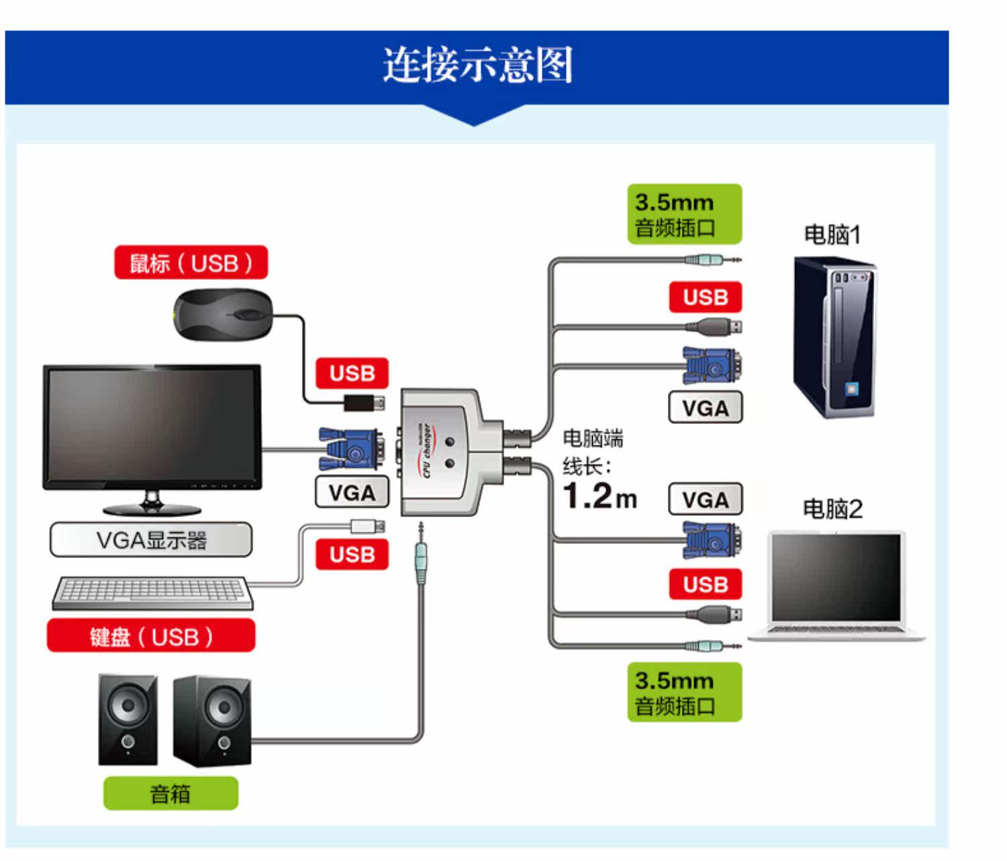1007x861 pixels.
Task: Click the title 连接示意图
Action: point(477,65)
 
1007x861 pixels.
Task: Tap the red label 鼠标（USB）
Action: point(191,263)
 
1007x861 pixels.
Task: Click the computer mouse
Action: point(224,314)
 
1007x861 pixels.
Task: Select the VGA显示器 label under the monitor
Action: point(151,540)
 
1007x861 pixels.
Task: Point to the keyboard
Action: point(153,592)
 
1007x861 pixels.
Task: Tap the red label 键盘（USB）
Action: point(151,636)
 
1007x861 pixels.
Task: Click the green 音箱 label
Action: point(171,794)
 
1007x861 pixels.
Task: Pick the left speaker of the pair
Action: point(128,720)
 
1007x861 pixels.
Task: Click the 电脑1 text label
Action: point(832,234)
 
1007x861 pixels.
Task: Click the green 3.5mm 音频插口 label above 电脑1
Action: point(685,214)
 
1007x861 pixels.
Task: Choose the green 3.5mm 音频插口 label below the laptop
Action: point(685,692)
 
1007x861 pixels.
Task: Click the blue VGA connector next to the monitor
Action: point(351,449)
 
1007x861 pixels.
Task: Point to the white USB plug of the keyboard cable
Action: point(367,526)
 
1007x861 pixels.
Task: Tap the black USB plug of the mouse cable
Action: point(364,402)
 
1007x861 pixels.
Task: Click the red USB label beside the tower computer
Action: point(705,297)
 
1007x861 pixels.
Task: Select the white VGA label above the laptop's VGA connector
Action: point(705,500)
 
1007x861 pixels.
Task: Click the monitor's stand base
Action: point(152,509)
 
